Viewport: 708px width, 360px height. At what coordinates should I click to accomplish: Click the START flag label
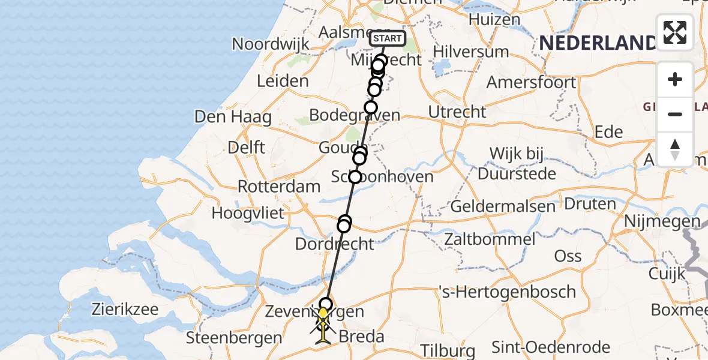[388, 39]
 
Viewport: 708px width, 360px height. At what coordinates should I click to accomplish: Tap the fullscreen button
[675, 32]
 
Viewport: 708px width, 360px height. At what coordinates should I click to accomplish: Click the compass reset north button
[675, 149]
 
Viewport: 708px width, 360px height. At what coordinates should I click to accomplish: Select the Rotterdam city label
[279, 186]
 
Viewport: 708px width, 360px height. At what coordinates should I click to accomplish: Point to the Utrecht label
[457, 111]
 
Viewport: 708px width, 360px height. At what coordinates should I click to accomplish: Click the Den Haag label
[233, 116]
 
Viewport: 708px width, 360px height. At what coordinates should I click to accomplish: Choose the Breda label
[362, 336]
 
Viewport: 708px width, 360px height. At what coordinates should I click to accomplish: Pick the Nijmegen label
[662, 221]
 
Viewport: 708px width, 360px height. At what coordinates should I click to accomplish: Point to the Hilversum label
[470, 52]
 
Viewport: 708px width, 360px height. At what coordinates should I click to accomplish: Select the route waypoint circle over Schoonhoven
[355, 177]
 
